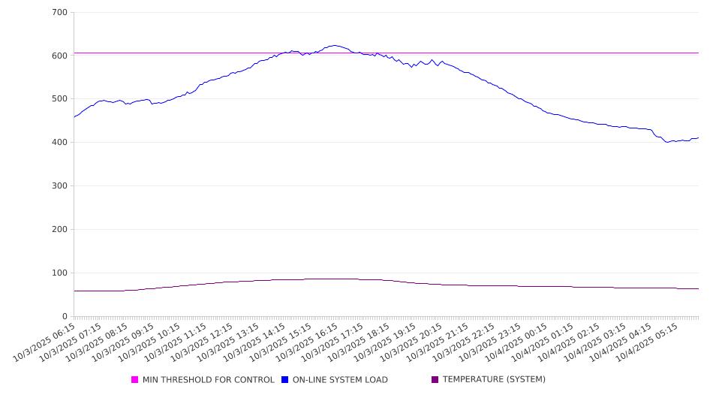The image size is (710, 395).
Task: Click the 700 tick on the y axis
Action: (60, 13)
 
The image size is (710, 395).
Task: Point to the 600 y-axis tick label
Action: (60, 56)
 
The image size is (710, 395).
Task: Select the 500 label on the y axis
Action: (60, 99)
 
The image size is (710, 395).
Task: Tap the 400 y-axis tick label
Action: (60, 143)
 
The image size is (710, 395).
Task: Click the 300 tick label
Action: (60, 186)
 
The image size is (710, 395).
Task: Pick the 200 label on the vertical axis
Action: (60, 230)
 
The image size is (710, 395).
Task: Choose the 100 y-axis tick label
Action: (60, 273)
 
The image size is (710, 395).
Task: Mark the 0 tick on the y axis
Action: (65, 316)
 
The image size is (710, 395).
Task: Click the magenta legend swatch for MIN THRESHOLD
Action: (135, 380)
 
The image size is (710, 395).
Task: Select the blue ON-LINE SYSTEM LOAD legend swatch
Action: (285, 380)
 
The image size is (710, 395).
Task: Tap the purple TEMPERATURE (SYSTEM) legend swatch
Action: (435, 380)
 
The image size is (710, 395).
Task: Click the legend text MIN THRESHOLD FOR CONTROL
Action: (208, 380)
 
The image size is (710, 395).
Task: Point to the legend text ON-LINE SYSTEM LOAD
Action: (340, 380)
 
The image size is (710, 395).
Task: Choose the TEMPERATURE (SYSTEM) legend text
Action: (494, 380)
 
